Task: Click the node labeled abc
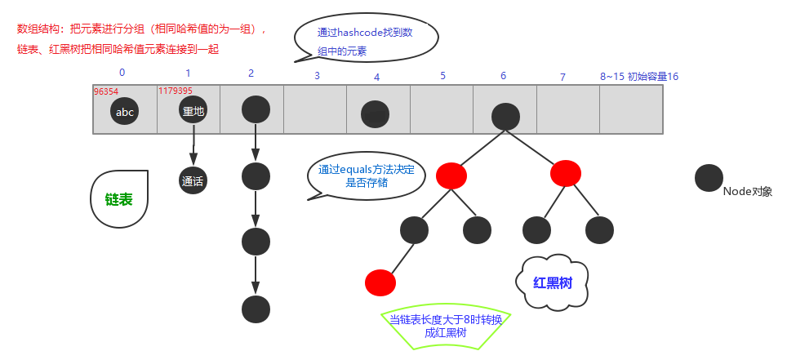pos(125,112)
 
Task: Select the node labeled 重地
pos(193,111)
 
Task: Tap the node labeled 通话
pos(193,180)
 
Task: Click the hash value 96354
pos(106,91)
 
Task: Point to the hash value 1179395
pos(176,91)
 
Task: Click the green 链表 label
pos(120,199)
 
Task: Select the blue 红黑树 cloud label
pos(552,282)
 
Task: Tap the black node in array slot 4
pos(375,113)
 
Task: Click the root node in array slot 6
pos(506,116)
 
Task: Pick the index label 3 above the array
pos(317,76)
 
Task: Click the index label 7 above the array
pos(562,77)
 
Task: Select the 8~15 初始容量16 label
pos(639,76)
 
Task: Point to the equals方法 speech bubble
pos(367,177)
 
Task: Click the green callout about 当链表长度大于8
pos(446,328)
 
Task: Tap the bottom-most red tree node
pos(380,282)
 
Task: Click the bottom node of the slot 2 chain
pos(256,309)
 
